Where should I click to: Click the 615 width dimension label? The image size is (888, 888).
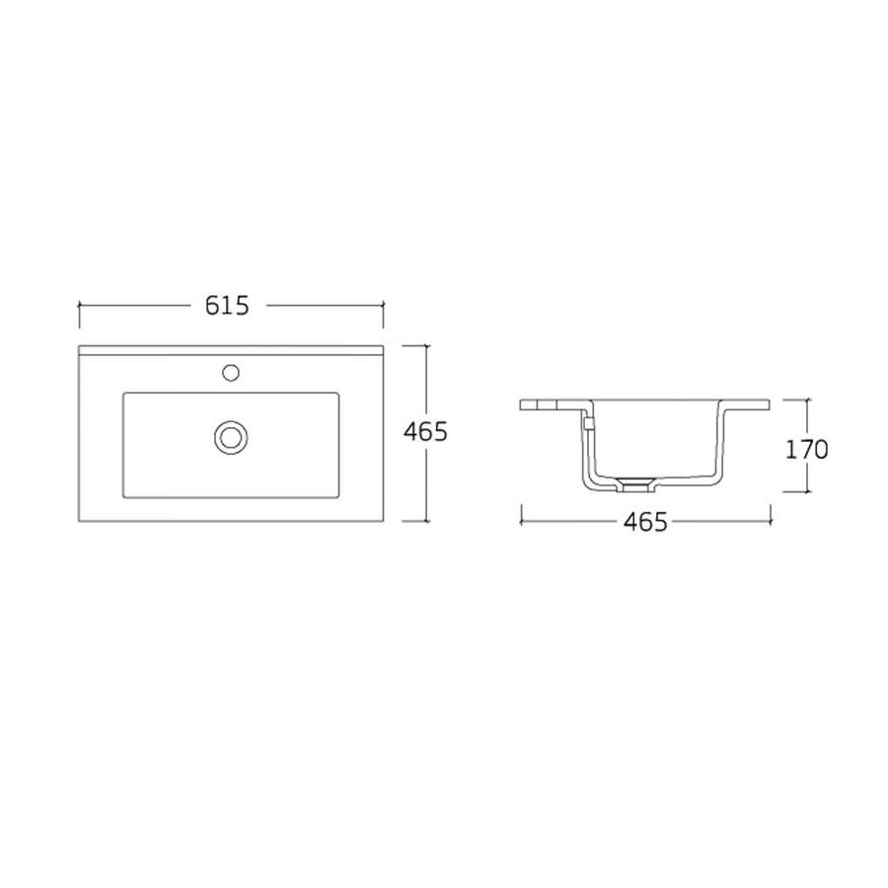(227, 306)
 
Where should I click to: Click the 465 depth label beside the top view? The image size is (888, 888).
(425, 432)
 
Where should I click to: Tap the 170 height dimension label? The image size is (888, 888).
(806, 450)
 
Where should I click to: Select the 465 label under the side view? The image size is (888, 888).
(645, 522)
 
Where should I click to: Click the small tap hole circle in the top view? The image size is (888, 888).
(231, 373)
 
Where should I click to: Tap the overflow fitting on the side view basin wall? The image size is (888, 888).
(588, 423)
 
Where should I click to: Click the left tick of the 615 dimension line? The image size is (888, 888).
(79, 315)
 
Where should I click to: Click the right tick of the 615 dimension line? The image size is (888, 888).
(384, 315)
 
